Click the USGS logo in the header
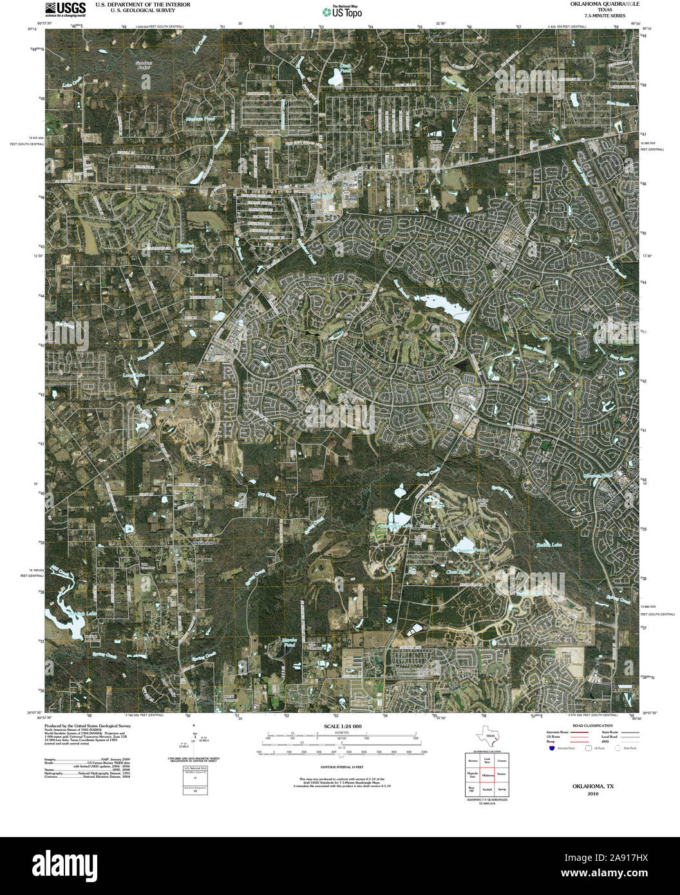click(66, 8)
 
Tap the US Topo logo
click(342, 12)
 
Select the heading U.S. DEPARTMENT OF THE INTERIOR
click(143, 5)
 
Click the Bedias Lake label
click(549, 545)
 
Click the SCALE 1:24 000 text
click(339, 726)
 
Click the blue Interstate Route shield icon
click(552, 748)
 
